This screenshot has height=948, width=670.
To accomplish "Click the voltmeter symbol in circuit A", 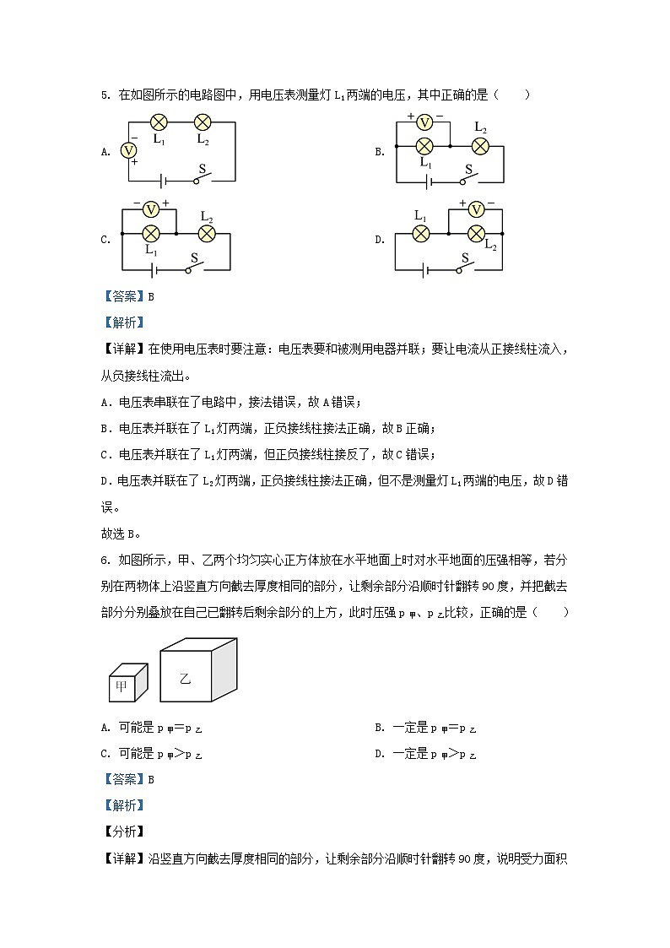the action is tap(129, 150).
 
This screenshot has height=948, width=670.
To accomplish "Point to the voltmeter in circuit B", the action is tap(425, 123).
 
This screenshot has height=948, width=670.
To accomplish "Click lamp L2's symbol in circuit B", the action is tap(480, 145).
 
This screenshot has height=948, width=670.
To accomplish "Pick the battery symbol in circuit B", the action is tap(430, 181).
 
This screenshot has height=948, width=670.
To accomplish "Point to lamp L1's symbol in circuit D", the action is tap(421, 233).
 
